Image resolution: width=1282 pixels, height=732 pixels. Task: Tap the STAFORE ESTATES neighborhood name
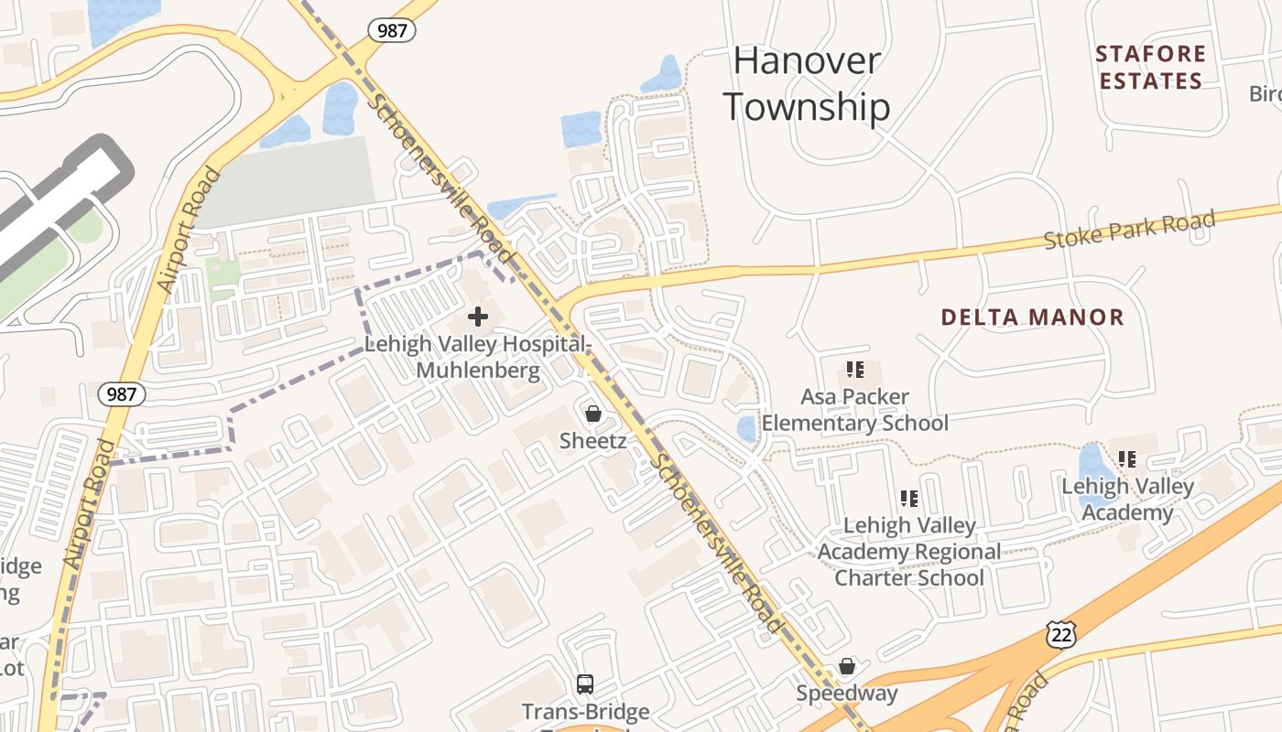click(x=1150, y=68)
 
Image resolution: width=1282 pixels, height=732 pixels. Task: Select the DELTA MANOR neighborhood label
click(x=1032, y=318)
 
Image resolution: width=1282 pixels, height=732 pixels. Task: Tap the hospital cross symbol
click(x=477, y=317)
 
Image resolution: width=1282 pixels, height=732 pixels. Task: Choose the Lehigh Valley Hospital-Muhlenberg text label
click(x=477, y=357)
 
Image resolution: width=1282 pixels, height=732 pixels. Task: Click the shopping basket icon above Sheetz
click(x=593, y=414)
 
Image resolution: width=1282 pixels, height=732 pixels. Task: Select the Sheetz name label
click(x=593, y=441)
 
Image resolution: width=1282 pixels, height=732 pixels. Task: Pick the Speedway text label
click(x=847, y=693)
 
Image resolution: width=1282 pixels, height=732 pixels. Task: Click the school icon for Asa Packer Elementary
click(x=854, y=370)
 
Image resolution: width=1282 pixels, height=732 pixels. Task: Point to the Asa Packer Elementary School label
click(x=854, y=410)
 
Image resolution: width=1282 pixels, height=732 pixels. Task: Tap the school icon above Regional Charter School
click(x=908, y=499)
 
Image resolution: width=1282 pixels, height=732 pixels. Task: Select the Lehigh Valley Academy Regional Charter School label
click(x=908, y=552)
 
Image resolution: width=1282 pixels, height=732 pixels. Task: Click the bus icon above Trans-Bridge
click(x=584, y=684)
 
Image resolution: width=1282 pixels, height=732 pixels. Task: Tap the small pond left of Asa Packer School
click(x=746, y=429)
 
